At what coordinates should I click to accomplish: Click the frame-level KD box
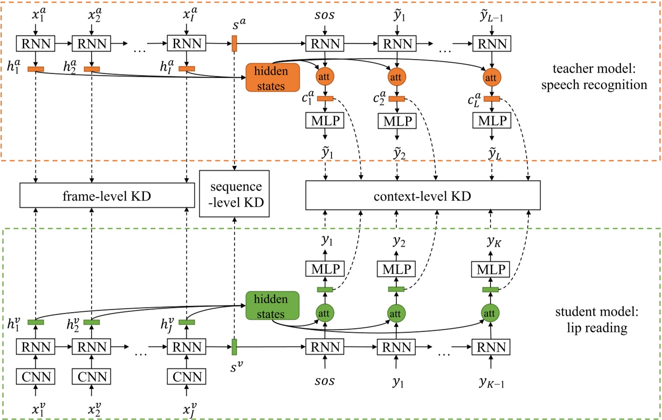tap(107, 196)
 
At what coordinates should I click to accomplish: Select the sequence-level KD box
tap(234, 194)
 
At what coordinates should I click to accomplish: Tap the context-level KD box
tap(423, 195)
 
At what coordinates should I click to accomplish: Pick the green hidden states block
tap(272, 306)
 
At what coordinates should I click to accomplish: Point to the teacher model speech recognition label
tap(594, 77)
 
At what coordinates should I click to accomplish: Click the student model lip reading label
tap(597, 320)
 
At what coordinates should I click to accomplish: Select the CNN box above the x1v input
tap(36, 377)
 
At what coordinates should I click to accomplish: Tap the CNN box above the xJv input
tap(187, 377)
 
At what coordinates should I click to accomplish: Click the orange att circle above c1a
tap(325, 77)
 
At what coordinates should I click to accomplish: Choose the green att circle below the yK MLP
tap(490, 313)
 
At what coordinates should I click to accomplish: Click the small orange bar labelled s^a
tap(234, 44)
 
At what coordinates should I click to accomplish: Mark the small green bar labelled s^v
tap(234, 347)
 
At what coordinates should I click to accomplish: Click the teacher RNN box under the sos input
tap(325, 44)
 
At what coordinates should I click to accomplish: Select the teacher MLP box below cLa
tap(491, 121)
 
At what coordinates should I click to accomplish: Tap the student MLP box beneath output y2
tap(396, 269)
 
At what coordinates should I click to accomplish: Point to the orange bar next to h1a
tap(36, 69)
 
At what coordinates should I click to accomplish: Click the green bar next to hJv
tap(187, 322)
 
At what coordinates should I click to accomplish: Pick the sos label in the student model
tap(324, 382)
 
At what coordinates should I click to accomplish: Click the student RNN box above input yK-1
tap(491, 347)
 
